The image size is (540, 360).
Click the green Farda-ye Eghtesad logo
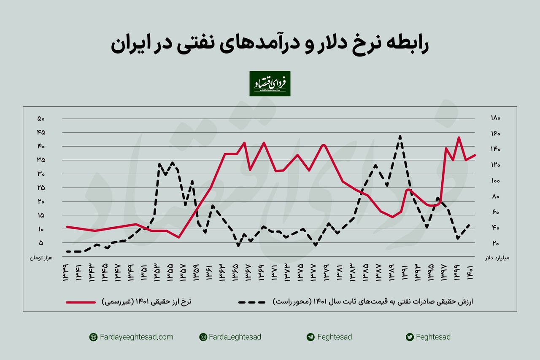(x=270, y=83)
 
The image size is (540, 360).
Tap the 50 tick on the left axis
(x=41, y=119)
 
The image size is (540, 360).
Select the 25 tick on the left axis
(x=41, y=188)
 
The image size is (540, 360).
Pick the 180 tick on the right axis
(x=495, y=118)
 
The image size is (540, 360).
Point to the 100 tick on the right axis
(x=495, y=181)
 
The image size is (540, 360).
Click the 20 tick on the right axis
(x=495, y=244)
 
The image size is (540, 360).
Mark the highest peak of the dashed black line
(x=400, y=136)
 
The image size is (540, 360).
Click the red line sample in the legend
(x=81, y=302)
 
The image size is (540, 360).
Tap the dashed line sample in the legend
(x=251, y=302)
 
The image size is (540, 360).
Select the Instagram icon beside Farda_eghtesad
(x=203, y=337)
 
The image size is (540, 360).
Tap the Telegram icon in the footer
(x=310, y=337)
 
